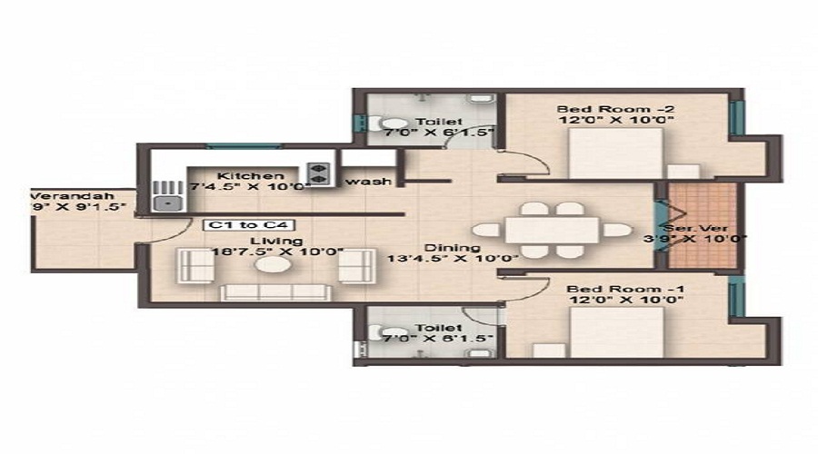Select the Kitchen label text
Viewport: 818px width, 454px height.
point(244,175)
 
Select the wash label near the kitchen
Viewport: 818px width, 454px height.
point(369,182)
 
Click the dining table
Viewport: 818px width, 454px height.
point(553,230)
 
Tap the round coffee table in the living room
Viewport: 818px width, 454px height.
point(271,266)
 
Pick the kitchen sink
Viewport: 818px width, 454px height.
point(166,195)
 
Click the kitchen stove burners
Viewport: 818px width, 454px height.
point(319,173)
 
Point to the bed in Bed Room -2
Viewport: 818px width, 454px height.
point(616,153)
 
